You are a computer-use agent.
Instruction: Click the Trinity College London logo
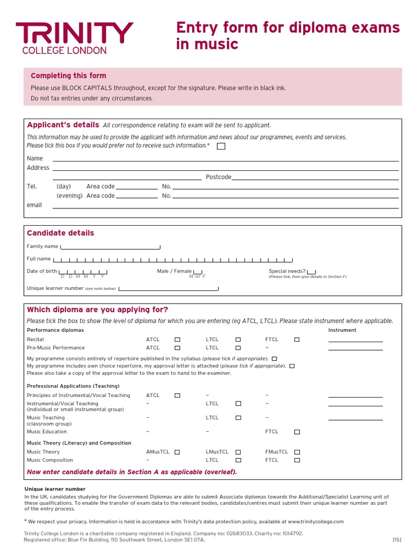pos(74,38)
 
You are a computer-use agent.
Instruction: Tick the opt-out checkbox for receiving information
pos(221,146)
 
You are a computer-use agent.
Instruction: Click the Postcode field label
pos(218,177)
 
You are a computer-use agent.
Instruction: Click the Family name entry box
pos(110,247)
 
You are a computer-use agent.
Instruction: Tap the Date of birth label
pos(42,271)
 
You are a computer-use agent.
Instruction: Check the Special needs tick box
pos(311,271)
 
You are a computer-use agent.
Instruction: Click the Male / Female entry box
pos(198,271)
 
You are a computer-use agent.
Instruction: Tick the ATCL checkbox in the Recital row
pos(177,339)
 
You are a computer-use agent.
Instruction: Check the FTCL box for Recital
pos(297,339)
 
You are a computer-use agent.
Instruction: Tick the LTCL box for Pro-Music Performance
pos(238,348)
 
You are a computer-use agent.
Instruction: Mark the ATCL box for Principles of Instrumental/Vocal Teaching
pos(177,395)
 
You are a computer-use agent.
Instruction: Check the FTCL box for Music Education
pos(297,432)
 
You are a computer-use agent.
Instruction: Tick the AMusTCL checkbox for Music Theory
pos(177,452)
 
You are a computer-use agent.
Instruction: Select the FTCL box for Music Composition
pos(297,460)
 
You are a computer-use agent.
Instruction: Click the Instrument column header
pos(342,330)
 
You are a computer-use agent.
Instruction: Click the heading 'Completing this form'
pos(69,76)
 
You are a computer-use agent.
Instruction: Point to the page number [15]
pos(396,540)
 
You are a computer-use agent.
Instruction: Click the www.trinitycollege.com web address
pos(316,522)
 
